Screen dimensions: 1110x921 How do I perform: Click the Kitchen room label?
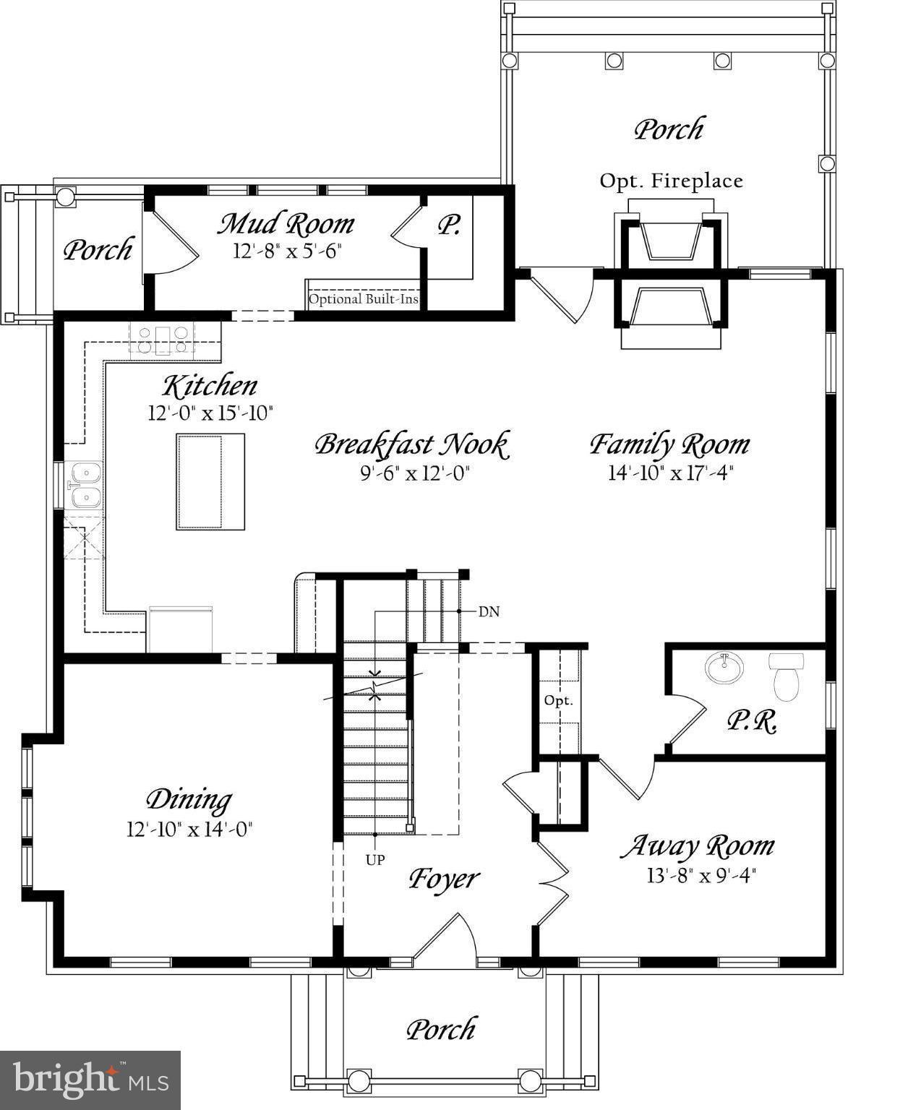pyautogui.click(x=210, y=386)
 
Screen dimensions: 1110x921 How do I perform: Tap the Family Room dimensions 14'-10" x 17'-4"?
pyautogui.click(x=670, y=473)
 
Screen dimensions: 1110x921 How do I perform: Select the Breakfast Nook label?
pyautogui.click(x=412, y=444)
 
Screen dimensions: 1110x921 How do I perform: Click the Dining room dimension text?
pyautogui.click(x=189, y=829)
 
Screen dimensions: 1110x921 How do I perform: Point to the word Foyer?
pyautogui.click(x=444, y=879)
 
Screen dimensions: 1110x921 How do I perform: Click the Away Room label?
pyautogui.click(x=698, y=846)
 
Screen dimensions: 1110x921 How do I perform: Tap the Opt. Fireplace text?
pyautogui.click(x=671, y=181)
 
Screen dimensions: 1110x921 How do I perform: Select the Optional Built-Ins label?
pyautogui.click(x=364, y=299)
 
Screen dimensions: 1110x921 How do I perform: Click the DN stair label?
pyautogui.click(x=489, y=612)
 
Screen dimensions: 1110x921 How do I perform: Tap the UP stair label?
pyautogui.click(x=375, y=860)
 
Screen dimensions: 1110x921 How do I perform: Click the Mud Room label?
pyautogui.click(x=286, y=224)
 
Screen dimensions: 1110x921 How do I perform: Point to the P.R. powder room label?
pyautogui.click(x=751, y=721)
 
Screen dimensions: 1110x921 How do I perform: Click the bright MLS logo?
pyautogui.click(x=90, y=1080)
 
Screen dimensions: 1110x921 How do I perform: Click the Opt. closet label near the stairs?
pyautogui.click(x=558, y=701)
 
